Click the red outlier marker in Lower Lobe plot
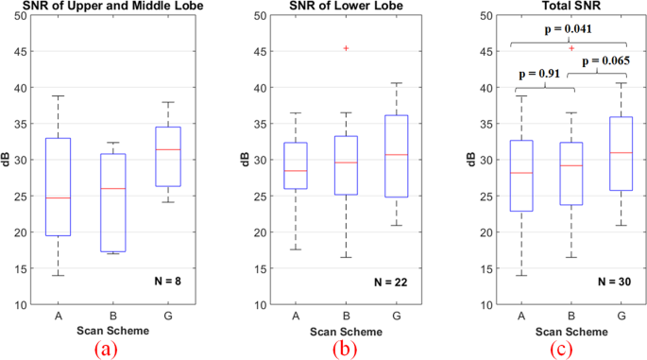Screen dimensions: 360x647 coord(345,48)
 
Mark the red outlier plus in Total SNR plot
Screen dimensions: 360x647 coord(571,48)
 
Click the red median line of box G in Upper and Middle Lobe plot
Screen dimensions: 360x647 coord(167,149)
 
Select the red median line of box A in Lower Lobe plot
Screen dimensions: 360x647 coord(296,171)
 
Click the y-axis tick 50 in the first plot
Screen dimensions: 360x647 coord(20,16)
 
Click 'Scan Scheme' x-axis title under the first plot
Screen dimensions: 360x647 coord(111,330)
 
